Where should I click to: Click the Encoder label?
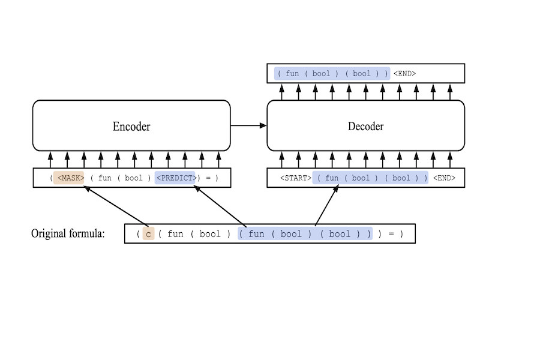(131, 126)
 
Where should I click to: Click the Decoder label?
(365, 126)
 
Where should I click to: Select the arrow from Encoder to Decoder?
(248, 125)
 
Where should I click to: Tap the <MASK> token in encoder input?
(70, 178)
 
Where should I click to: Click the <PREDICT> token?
(175, 178)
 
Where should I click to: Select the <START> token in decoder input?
(295, 178)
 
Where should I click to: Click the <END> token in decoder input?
(444, 178)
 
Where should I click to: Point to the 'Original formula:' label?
(68, 233)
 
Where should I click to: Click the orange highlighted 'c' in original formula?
(148, 234)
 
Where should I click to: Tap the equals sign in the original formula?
(391, 234)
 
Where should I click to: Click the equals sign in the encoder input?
(208, 178)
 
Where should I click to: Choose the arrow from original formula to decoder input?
(326, 206)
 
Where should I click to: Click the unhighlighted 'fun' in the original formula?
(175, 234)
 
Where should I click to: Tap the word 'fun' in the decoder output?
(292, 74)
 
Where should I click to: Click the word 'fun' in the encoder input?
(105, 178)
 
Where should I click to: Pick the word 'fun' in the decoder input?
(332, 178)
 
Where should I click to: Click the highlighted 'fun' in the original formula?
(256, 234)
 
